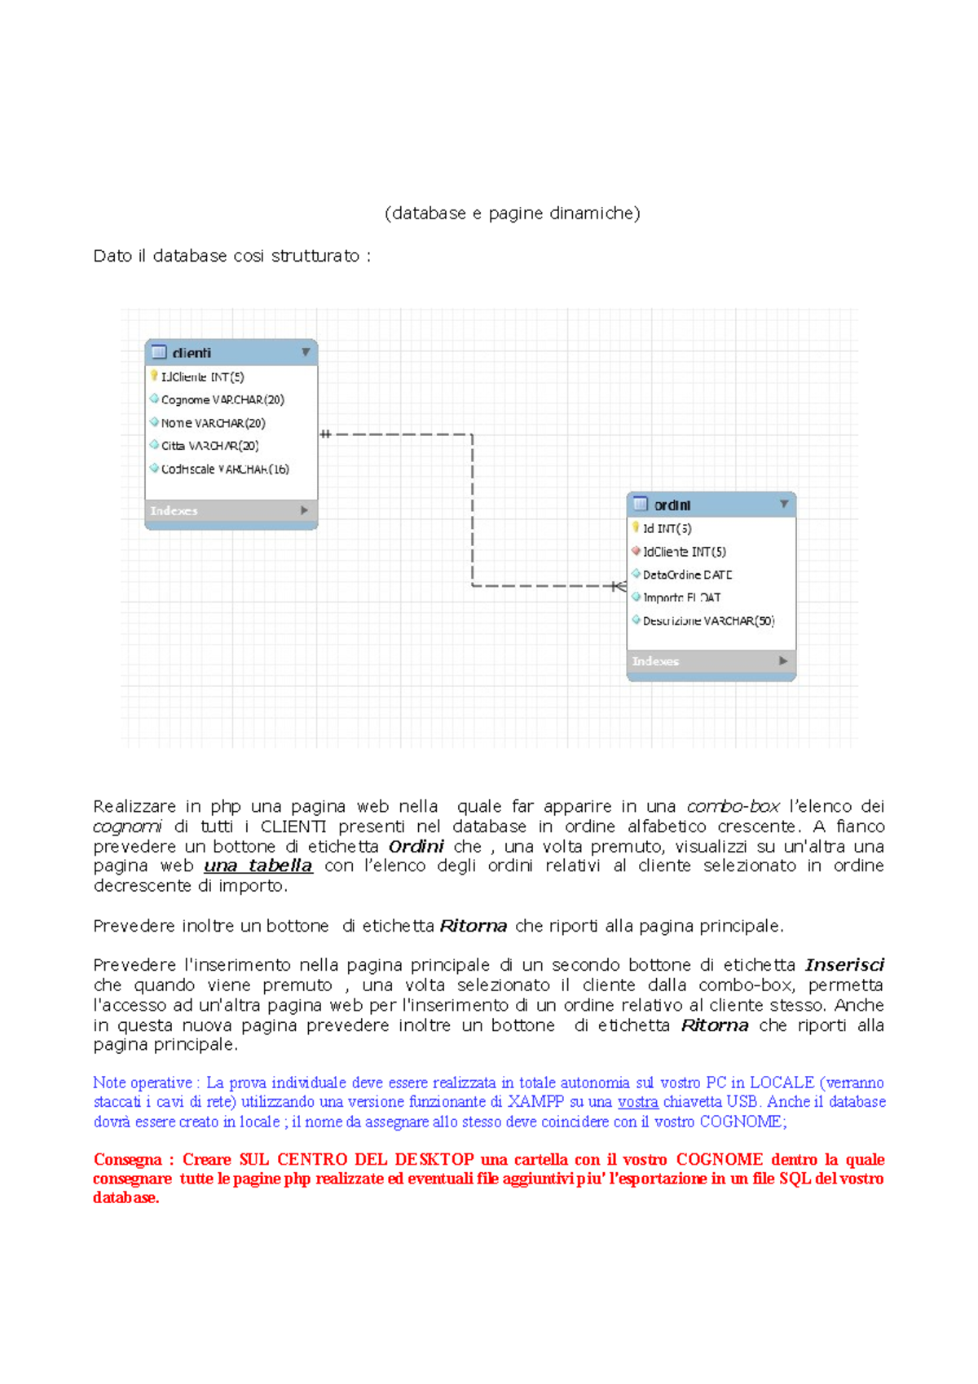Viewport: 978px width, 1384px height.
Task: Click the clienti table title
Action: coord(192,353)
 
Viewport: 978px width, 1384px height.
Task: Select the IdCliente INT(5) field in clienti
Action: coord(202,377)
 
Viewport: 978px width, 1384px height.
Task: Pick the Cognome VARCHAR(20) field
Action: coord(222,399)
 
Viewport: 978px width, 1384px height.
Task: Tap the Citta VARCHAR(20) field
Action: coord(209,446)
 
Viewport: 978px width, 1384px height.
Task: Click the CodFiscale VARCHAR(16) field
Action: coord(224,469)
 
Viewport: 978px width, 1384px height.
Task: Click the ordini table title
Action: coord(672,505)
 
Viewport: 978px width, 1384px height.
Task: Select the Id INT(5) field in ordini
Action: coord(667,528)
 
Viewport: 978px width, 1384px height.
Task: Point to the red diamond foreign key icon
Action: coord(636,551)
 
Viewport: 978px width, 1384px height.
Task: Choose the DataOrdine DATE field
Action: coord(687,575)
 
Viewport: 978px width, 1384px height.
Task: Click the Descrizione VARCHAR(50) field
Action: coord(708,621)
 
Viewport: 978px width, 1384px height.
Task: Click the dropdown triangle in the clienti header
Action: coord(306,352)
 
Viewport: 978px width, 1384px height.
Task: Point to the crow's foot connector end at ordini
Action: coord(619,586)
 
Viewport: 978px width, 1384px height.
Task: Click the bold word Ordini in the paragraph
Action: coord(416,846)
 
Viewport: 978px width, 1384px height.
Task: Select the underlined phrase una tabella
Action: coord(258,866)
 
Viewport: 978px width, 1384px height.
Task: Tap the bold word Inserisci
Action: coord(844,965)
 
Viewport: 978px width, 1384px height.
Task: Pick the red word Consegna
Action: coord(128,1159)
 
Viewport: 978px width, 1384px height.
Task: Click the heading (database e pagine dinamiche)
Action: coord(512,214)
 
